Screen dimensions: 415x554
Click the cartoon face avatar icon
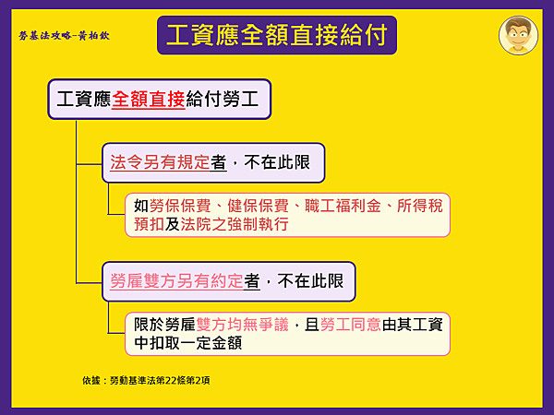(x=518, y=35)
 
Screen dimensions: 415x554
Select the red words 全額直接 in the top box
(x=149, y=100)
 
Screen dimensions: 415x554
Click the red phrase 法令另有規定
(x=160, y=162)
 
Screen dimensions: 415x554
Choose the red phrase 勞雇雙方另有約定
(x=176, y=281)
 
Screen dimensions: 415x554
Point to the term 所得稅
(x=420, y=206)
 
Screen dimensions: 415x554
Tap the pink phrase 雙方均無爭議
(x=245, y=325)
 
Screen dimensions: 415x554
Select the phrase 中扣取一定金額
(x=189, y=343)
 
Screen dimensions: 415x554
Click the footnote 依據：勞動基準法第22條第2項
(x=146, y=379)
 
